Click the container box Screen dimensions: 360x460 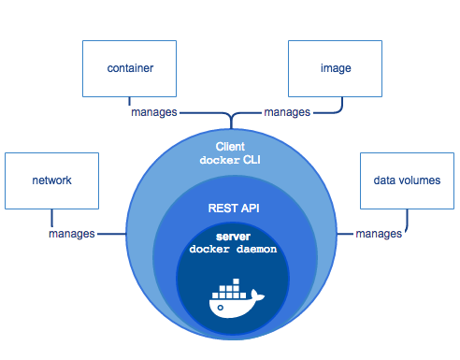coord(130,68)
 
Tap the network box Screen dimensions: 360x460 coord(51,180)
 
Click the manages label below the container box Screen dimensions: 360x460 coord(152,112)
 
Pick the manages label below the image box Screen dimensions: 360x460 coord(287,112)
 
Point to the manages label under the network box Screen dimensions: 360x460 coord(72,233)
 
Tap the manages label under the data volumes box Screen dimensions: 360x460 coord(379,233)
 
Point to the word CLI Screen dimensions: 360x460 coord(251,161)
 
